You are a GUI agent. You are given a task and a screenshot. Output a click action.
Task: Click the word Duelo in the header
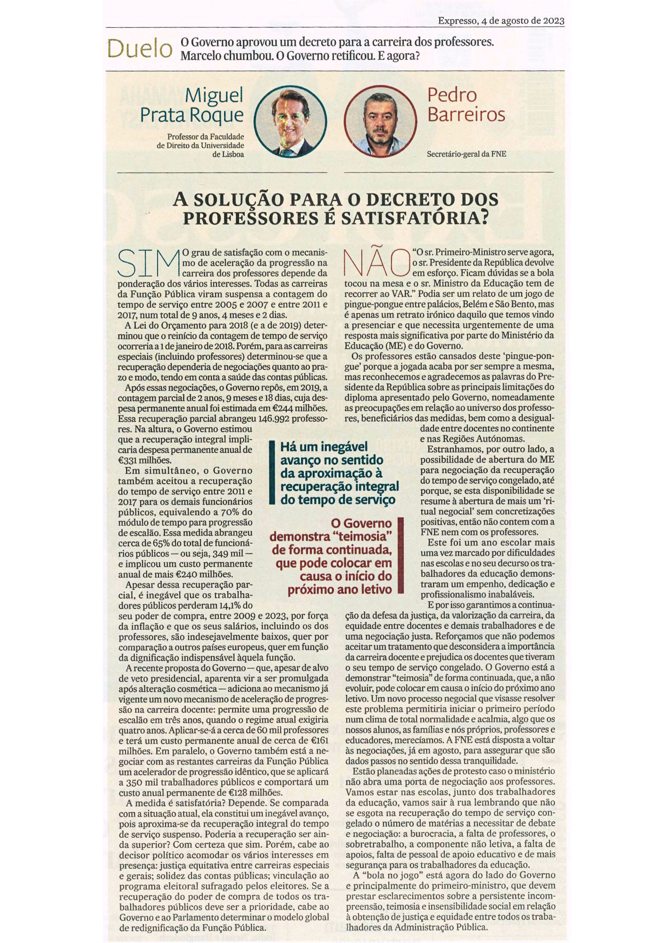140,49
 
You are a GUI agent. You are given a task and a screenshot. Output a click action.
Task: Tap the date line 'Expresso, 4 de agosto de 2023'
501,21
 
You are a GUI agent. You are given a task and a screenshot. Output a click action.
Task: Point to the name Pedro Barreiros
466,105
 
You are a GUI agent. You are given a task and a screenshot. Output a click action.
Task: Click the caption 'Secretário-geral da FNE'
466,154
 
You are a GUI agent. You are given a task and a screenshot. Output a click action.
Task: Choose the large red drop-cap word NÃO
376,263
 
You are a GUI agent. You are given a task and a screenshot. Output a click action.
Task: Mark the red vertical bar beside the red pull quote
401,555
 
